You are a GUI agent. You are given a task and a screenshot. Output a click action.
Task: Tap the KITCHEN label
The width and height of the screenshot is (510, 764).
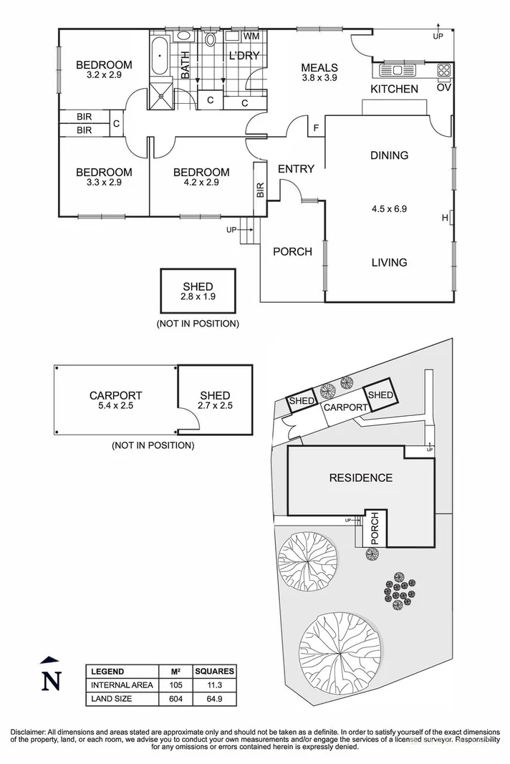click(394, 89)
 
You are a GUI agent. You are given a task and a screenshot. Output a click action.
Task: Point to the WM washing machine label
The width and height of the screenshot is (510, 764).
click(251, 36)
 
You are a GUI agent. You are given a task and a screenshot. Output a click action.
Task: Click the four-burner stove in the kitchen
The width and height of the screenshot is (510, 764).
click(444, 70)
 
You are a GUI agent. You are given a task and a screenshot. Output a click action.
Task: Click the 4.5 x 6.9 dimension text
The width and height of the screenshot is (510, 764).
click(389, 209)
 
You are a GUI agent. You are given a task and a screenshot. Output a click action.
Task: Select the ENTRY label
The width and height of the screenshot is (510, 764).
click(296, 169)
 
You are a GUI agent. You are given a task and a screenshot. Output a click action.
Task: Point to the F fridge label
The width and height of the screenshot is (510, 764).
click(316, 129)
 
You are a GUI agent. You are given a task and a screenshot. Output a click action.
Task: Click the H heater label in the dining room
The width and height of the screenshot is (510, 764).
click(445, 218)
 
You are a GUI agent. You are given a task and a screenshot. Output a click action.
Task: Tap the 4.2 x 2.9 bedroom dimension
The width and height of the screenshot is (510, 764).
click(201, 183)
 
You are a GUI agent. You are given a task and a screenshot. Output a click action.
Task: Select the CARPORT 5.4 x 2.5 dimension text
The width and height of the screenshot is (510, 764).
click(115, 405)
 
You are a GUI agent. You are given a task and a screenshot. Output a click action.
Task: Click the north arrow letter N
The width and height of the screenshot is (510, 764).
click(50, 681)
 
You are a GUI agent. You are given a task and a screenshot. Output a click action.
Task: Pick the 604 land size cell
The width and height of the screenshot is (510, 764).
click(175, 698)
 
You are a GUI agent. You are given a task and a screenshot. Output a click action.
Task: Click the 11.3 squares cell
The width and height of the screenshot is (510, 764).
click(215, 685)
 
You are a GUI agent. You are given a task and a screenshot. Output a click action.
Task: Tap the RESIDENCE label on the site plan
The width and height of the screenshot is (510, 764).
click(360, 478)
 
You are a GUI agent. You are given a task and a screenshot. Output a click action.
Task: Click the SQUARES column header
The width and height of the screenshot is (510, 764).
click(215, 672)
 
